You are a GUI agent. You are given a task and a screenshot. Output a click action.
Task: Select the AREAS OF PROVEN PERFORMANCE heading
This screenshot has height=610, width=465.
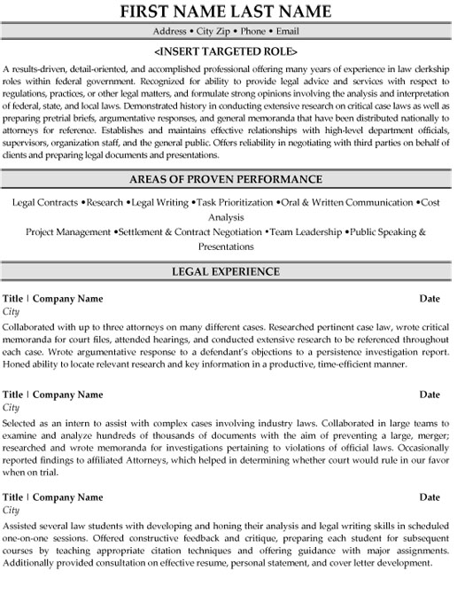click(232, 178)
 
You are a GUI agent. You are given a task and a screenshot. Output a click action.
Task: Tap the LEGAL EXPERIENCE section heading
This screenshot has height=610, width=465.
click(232, 270)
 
